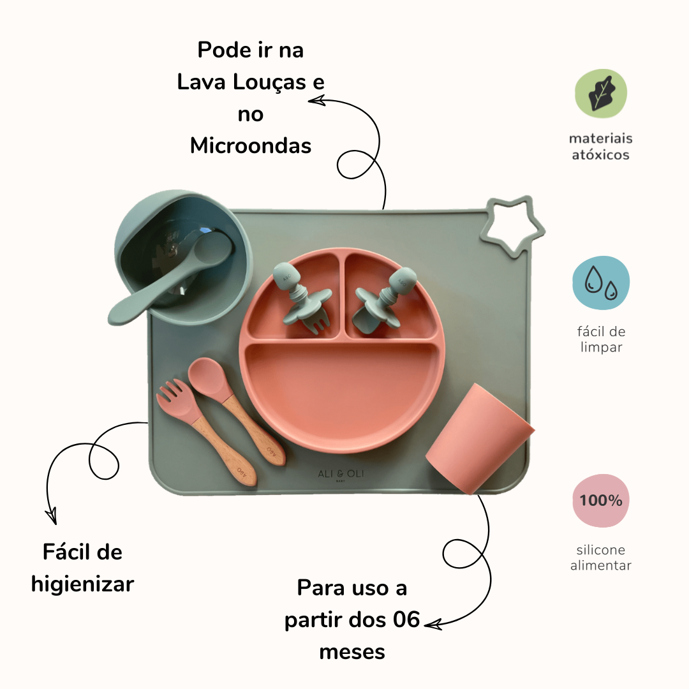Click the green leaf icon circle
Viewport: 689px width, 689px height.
coord(601,93)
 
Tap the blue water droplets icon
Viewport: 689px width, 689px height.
coord(601,283)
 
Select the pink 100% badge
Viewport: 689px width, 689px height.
coord(601,500)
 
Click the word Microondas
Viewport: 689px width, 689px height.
coord(251,145)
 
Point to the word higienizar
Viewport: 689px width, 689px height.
coord(82,584)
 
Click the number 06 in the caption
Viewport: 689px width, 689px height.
coord(406,619)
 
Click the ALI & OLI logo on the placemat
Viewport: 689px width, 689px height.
coord(341,474)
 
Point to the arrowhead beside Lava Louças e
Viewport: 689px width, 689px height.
coord(316,101)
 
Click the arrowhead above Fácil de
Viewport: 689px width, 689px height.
coord(52,516)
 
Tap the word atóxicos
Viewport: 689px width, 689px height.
coord(601,154)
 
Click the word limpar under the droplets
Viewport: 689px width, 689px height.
coord(601,347)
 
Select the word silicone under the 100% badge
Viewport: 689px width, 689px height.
coord(601,550)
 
